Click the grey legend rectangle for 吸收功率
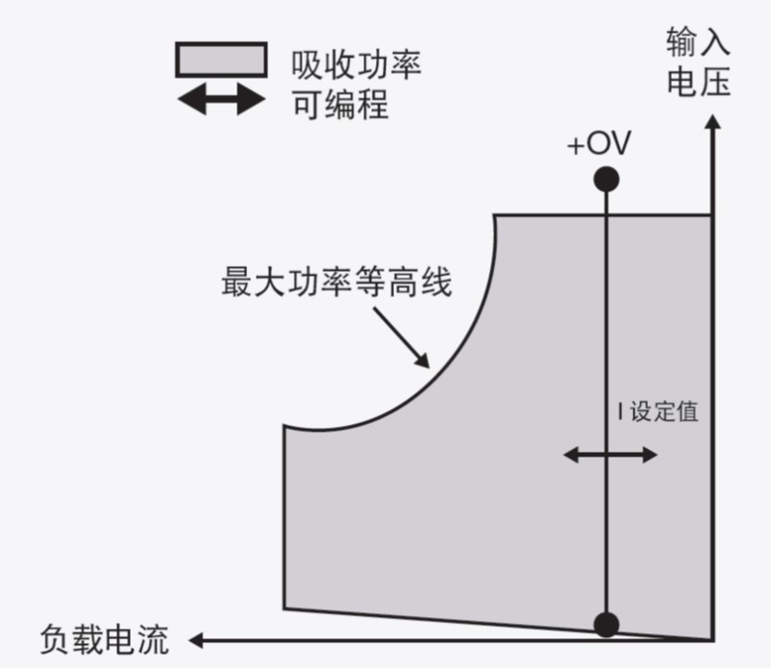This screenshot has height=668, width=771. [x=221, y=61]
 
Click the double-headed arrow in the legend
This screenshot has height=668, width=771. [x=221, y=99]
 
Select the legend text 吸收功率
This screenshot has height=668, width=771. [x=356, y=64]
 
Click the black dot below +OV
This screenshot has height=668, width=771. [x=606, y=179]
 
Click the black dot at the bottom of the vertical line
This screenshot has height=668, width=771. [x=606, y=625]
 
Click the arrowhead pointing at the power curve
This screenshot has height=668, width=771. [x=422, y=359]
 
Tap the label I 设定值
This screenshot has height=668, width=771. [x=658, y=412]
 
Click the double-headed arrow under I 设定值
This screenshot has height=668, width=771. [x=610, y=454]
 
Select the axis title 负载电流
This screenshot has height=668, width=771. [x=104, y=639]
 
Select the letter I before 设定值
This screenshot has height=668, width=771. [x=620, y=412]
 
